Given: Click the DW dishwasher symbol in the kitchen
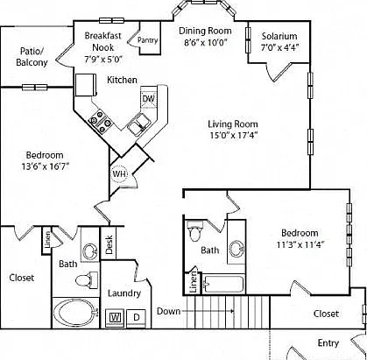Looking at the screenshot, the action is point(149,98).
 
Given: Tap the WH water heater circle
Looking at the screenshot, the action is point(120,174).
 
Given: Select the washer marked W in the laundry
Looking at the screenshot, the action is point(115,317).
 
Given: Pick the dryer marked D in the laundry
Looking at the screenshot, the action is point(137,317).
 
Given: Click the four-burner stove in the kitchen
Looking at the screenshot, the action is point(101,121).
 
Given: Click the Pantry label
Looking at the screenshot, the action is point(148,40).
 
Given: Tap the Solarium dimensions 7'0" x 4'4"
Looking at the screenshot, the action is point(279,47).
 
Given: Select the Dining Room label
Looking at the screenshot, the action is point(205,31).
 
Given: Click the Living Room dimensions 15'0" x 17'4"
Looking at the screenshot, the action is point(234,135).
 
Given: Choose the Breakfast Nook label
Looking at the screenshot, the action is point(102,41).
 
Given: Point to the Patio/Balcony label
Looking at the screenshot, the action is point(32,57).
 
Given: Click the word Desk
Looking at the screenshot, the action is point(109,244).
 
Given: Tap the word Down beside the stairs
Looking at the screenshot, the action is point(168,311).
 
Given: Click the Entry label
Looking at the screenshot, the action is point(328,343).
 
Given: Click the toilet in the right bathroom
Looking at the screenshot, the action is point(194,230).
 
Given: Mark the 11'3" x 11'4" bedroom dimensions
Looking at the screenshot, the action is point(300,244).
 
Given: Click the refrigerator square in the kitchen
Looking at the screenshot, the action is point(86,85).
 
